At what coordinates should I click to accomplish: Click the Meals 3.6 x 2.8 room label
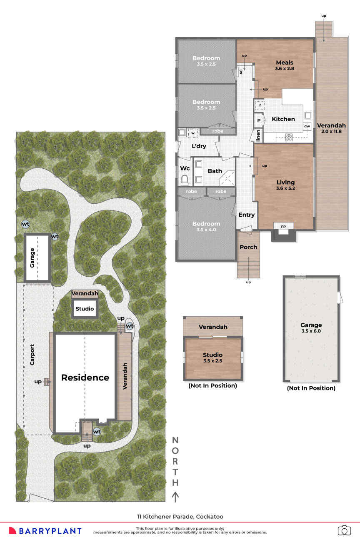tap(285, 65)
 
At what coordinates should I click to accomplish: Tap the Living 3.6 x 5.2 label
tap(285, 185)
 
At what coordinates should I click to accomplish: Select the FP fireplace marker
tap(283, 227)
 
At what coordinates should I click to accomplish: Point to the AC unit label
tap(241, 71)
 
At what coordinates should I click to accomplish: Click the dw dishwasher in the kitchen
tap(307, 126)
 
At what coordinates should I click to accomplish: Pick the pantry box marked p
tap(259, 120)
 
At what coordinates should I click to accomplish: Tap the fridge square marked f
tap(260, 105)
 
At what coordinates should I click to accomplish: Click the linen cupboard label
tap(258, 135)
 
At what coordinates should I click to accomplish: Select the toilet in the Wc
tap(185, 180)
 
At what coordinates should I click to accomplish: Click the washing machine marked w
tap(193, 132)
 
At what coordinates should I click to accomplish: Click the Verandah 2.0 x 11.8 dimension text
tap(331, 131)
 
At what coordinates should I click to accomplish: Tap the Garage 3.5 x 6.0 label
tap(311, 328)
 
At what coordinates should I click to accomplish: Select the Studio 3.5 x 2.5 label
tap(213, 357)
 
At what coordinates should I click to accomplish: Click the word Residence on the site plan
tap(85, 377)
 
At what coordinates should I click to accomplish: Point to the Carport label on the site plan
tap(32, 355)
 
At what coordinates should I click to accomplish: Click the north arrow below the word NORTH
tap(175, 497)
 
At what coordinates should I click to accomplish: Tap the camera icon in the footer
tap(344, 530)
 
